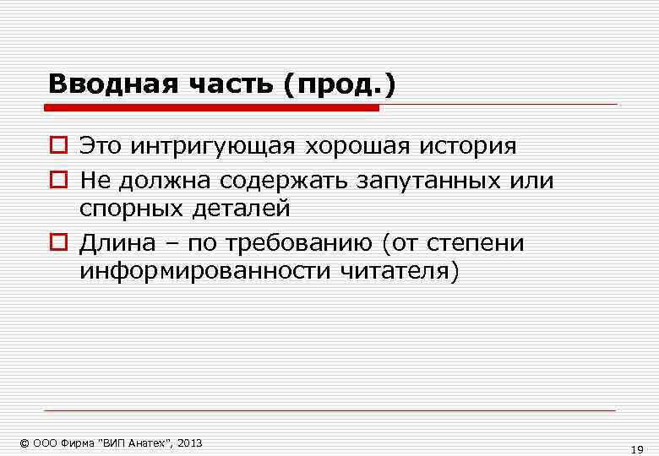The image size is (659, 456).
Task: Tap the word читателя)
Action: pyautogui.click(x=400, y=272)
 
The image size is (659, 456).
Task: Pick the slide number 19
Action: pyautogui.click(x=638, y=448)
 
